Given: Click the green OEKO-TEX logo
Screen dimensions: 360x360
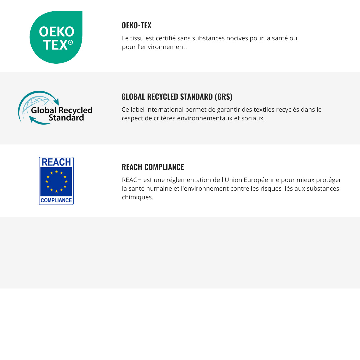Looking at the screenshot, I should click(56, 37).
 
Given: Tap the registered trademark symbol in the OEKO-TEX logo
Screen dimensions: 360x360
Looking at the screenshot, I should click(70, 42).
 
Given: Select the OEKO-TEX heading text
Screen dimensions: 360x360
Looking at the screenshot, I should click(136, 25).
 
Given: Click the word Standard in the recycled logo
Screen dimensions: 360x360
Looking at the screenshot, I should click(66, 118).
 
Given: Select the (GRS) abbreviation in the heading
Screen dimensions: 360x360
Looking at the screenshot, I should click(223, 97).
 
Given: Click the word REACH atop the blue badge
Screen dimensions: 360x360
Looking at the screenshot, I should click(56, 162).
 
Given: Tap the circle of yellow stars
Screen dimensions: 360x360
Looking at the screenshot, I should click(56, 181).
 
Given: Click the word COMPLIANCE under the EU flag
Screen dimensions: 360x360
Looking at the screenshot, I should click(56, 200).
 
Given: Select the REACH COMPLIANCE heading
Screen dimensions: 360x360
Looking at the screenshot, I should click(153, 167).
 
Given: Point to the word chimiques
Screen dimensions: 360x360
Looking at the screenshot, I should click(137, 197).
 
